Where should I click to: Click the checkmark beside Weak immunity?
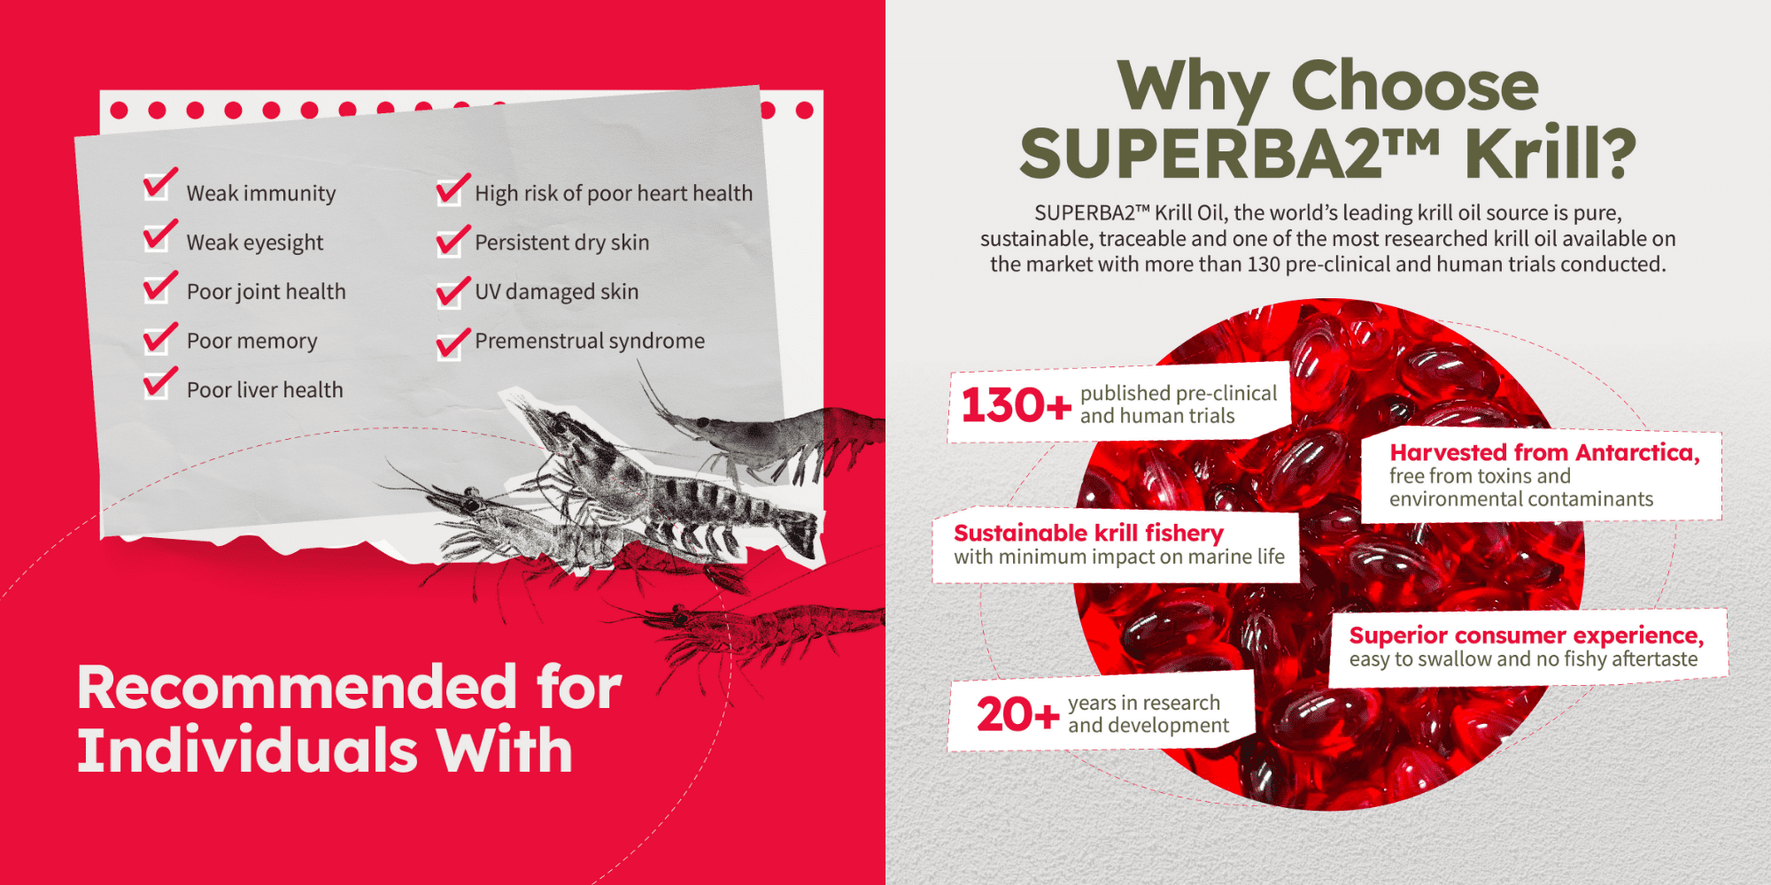click(160, 184)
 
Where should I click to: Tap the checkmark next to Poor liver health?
click(160, 382)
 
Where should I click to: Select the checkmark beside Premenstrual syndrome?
click(452, 343)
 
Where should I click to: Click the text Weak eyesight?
click(255, 243)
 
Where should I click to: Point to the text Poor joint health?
click(266, 292)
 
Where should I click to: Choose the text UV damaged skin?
click(556, 292)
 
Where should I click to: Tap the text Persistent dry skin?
click(561, 243)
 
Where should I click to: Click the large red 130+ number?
click(1016, 405)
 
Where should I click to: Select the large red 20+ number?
click(1017, 714)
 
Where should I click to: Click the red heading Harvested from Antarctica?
click(1544, 452)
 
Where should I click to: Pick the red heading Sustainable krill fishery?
click(1088, 533)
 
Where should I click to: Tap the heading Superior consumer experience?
click(1526, 635)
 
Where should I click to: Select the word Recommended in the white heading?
click(297, 688)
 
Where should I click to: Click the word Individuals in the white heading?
click(247, 750)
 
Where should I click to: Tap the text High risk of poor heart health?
click(613, 194)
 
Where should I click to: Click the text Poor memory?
click(251, 342)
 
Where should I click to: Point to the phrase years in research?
click(1143, 703)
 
